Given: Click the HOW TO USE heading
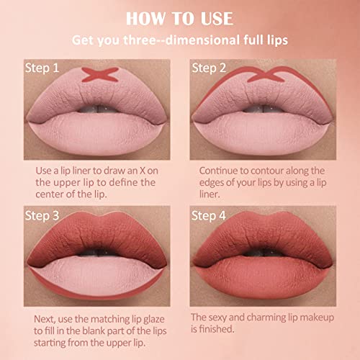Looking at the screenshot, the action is pos(179,19).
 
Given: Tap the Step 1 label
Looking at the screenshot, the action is pos(42,68).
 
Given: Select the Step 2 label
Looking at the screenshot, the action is pos(209,68).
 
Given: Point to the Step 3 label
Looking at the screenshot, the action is pos(42,216).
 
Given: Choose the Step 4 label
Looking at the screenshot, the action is pos(209,216).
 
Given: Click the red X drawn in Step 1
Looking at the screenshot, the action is pos(100,74).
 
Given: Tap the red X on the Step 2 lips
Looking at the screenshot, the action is pos(266,74).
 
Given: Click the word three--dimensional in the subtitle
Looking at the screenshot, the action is pos(182,40).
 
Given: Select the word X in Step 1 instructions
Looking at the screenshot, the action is pos(143,171).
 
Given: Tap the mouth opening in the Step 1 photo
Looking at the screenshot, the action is pos(99,109).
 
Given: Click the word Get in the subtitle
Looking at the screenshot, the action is pos(83,40).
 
